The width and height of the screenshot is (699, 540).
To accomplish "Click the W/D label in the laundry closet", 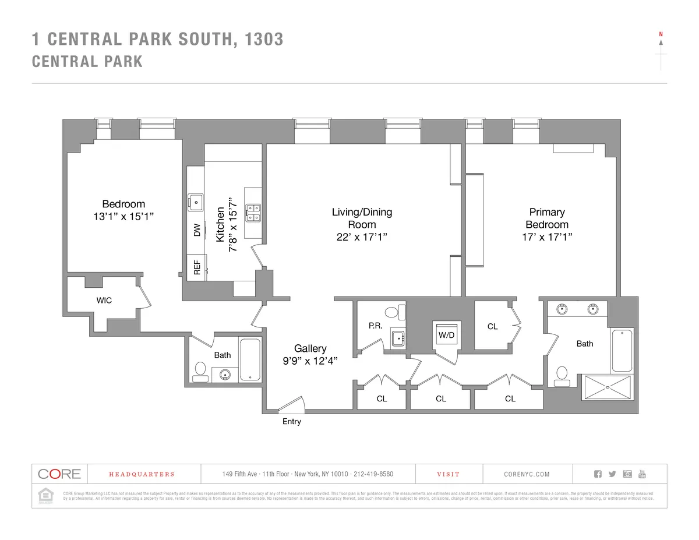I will coord(446,336).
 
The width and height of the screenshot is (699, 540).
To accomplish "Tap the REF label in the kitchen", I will coord(197,267).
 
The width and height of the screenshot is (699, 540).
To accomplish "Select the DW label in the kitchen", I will coord(197,230).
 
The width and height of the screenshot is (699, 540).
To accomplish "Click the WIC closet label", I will coord(104,301).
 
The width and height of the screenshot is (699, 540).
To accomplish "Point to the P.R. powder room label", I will coord(376,327).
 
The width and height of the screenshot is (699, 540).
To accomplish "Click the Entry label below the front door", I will coord(292,421).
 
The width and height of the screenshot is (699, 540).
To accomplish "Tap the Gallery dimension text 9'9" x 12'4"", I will coord(310,361).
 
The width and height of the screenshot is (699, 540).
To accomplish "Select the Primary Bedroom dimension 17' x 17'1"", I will coord(547,237).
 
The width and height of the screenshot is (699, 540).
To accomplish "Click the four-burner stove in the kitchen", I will coord(253,213).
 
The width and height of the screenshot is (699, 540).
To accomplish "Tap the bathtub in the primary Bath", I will coord(622,351).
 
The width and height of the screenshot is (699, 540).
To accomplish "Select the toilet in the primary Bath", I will coord(563,376).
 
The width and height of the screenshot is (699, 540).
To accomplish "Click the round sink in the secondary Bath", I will coord(225,374).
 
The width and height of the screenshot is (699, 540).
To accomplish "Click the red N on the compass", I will coord(661,34).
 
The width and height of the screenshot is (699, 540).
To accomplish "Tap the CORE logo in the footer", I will coord(59,474).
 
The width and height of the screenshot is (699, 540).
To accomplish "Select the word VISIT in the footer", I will coord(448,474).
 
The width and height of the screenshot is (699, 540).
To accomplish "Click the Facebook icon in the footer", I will coord(597,474).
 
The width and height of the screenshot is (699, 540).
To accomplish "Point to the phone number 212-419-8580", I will coord(373,474).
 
